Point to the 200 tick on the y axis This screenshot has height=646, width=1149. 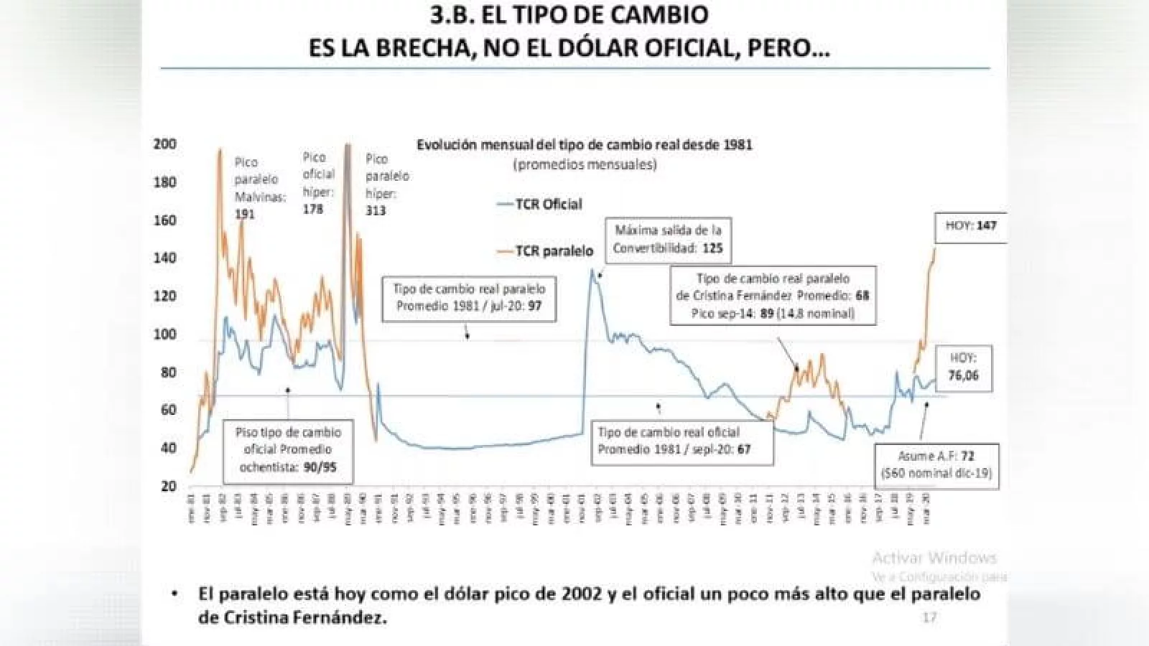tap(164, 144)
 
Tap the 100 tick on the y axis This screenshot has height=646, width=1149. tap(164, 334)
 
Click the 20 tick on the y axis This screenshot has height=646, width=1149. tap(168, 486)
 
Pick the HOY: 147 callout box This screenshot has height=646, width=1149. tap(971, 225)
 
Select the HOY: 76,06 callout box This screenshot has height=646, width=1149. tap(963, 367)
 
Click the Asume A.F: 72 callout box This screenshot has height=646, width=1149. tap(936, 464)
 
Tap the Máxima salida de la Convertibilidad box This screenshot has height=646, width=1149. tap(668, 239)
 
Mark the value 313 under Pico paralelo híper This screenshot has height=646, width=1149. tap(376, 210)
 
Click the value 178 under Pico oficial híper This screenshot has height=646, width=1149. tap(312, 209)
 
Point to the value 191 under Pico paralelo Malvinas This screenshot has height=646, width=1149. tap(244, 213)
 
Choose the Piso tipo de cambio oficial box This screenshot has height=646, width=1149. tap(288, 450)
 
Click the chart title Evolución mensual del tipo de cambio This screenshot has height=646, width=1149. tap(585, 144)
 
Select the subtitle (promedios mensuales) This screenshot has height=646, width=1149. tap(585, 164)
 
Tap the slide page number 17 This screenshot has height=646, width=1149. tap(929, 617)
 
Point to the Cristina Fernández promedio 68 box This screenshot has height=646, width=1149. tap(773, 296)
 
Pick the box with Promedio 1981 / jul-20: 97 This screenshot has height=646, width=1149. tap(469, 297)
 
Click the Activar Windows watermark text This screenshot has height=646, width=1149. tap(934, 558)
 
